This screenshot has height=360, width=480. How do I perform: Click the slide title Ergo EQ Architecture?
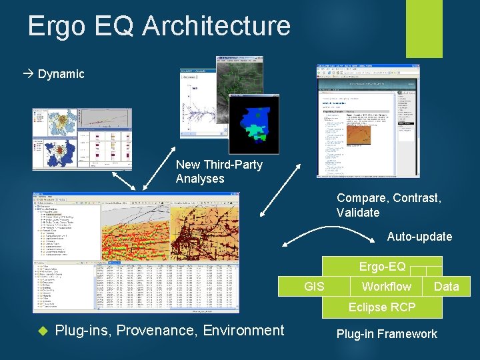pyautogui.click(x=159, y=26)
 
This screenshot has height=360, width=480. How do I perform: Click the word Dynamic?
pyautogui.click(x=61, y=74)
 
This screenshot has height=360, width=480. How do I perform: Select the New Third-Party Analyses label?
pyautogui.click(x=219, y=171)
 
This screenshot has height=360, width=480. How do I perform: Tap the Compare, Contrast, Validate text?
pyautogui.click(x=389, y=205)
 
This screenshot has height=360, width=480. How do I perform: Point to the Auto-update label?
pyautogui.click(x=419, y=237)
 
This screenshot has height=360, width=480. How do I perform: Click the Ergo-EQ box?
pyautogui.click(x=382, y=267)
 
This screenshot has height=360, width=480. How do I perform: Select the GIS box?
pyautogui.click(x=314, y=287)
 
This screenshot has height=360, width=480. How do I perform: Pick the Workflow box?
pyautogui.click(x=386, y=287)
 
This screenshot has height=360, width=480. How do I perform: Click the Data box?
pyautogui.click(x=446, y=287)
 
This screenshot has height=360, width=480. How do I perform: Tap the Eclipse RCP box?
pyautogui.click(x=381, y=307)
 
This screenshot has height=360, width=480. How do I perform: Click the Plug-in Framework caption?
pyautogui.click(x=387, y=334)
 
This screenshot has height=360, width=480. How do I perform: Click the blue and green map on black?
pyautogui.click(x=253, y=124)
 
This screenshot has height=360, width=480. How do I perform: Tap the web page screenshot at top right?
pyautogui.click(x=364, y=121)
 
